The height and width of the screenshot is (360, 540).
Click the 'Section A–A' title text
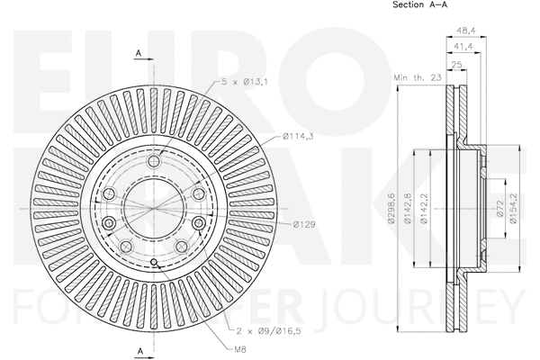419,6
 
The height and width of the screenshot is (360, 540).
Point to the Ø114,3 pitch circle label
298,136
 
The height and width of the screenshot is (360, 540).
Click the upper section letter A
139,53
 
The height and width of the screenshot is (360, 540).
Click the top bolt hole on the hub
154,160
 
